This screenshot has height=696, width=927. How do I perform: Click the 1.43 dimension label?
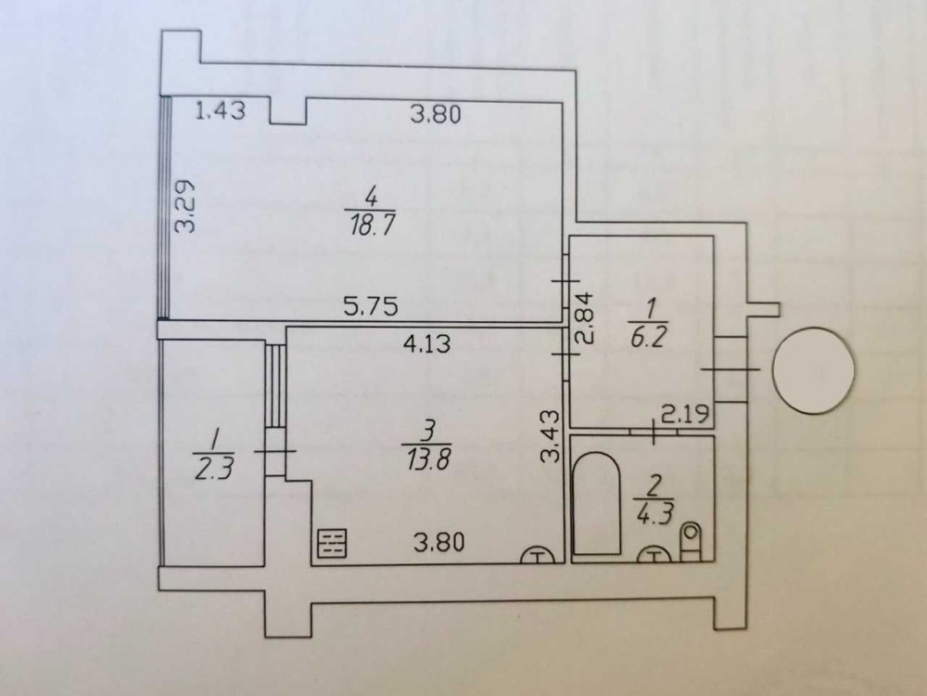[220, 110]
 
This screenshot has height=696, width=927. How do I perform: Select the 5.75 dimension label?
[371, 306]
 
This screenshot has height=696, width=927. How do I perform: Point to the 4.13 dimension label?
[426, 343]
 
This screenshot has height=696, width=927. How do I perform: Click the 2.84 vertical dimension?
[584, 318]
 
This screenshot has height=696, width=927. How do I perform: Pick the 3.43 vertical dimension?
[550, 435]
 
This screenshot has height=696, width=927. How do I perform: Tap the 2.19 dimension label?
[685, 414]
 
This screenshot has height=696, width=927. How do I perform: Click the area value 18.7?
[372, 226]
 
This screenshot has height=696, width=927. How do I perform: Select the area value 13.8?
[428, 458]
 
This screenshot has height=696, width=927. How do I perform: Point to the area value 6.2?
[649, 338]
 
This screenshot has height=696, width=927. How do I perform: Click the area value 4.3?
[654, 512]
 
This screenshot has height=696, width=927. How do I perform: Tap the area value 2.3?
[213, 468]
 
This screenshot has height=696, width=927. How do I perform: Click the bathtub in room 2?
[597, 504]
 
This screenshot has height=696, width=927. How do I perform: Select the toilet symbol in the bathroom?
[691, 542]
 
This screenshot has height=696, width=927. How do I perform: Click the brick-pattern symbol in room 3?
[332, 543]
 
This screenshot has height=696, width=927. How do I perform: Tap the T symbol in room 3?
[537, 555]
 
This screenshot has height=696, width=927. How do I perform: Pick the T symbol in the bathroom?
[654, 555]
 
